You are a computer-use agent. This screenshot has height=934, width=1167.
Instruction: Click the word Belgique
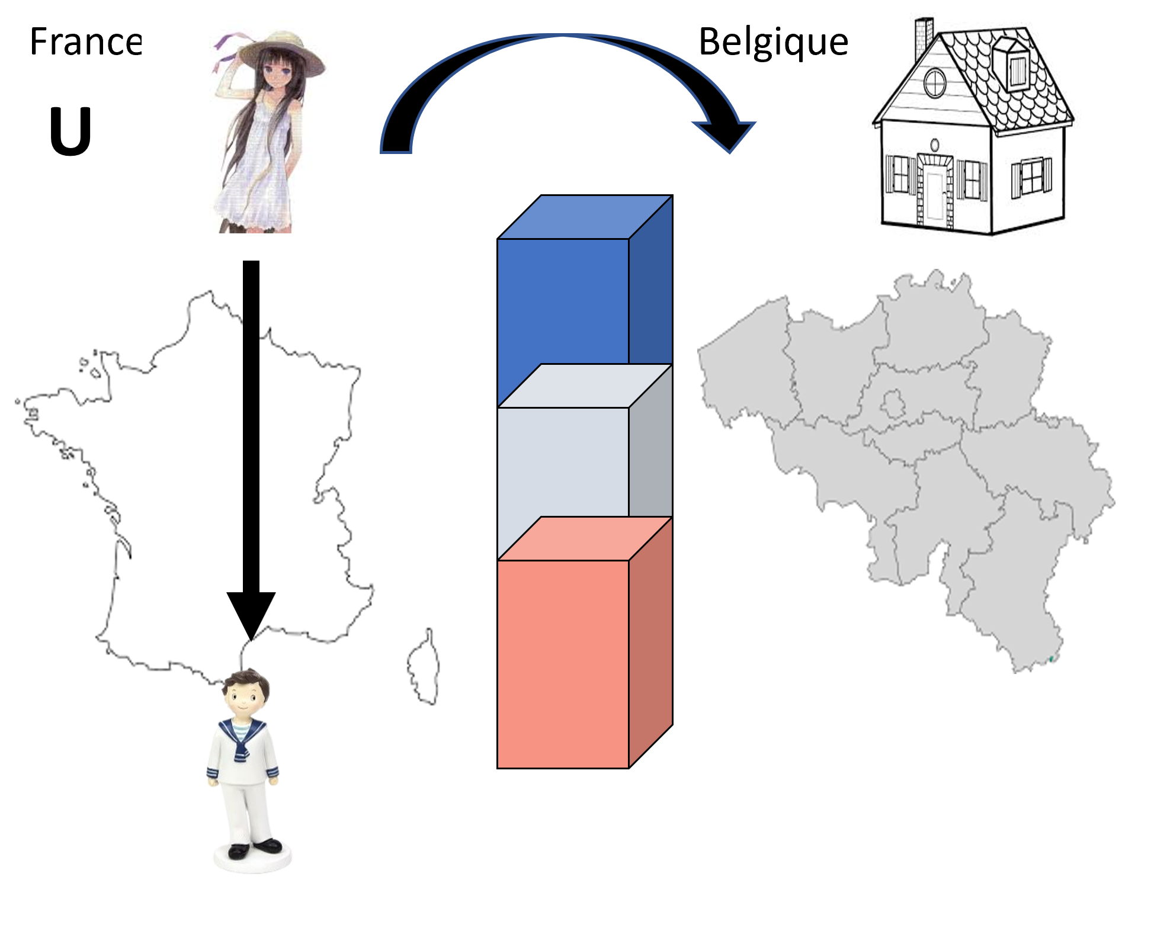click(774, 43)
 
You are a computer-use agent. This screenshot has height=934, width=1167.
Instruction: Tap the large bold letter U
click(70, 131)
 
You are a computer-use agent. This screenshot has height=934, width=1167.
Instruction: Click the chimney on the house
click(924, 39)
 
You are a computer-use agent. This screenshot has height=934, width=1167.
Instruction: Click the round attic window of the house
click(935, 83)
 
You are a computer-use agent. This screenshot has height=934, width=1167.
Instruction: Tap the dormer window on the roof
click(1014, 65)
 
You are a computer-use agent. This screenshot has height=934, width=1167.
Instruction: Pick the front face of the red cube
click(563, 664)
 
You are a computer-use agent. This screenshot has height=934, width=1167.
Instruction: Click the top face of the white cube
click(585, 386)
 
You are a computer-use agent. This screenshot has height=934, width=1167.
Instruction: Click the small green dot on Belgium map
click(1051, 659)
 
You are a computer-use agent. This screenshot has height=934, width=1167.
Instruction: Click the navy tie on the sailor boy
click(240, 744)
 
